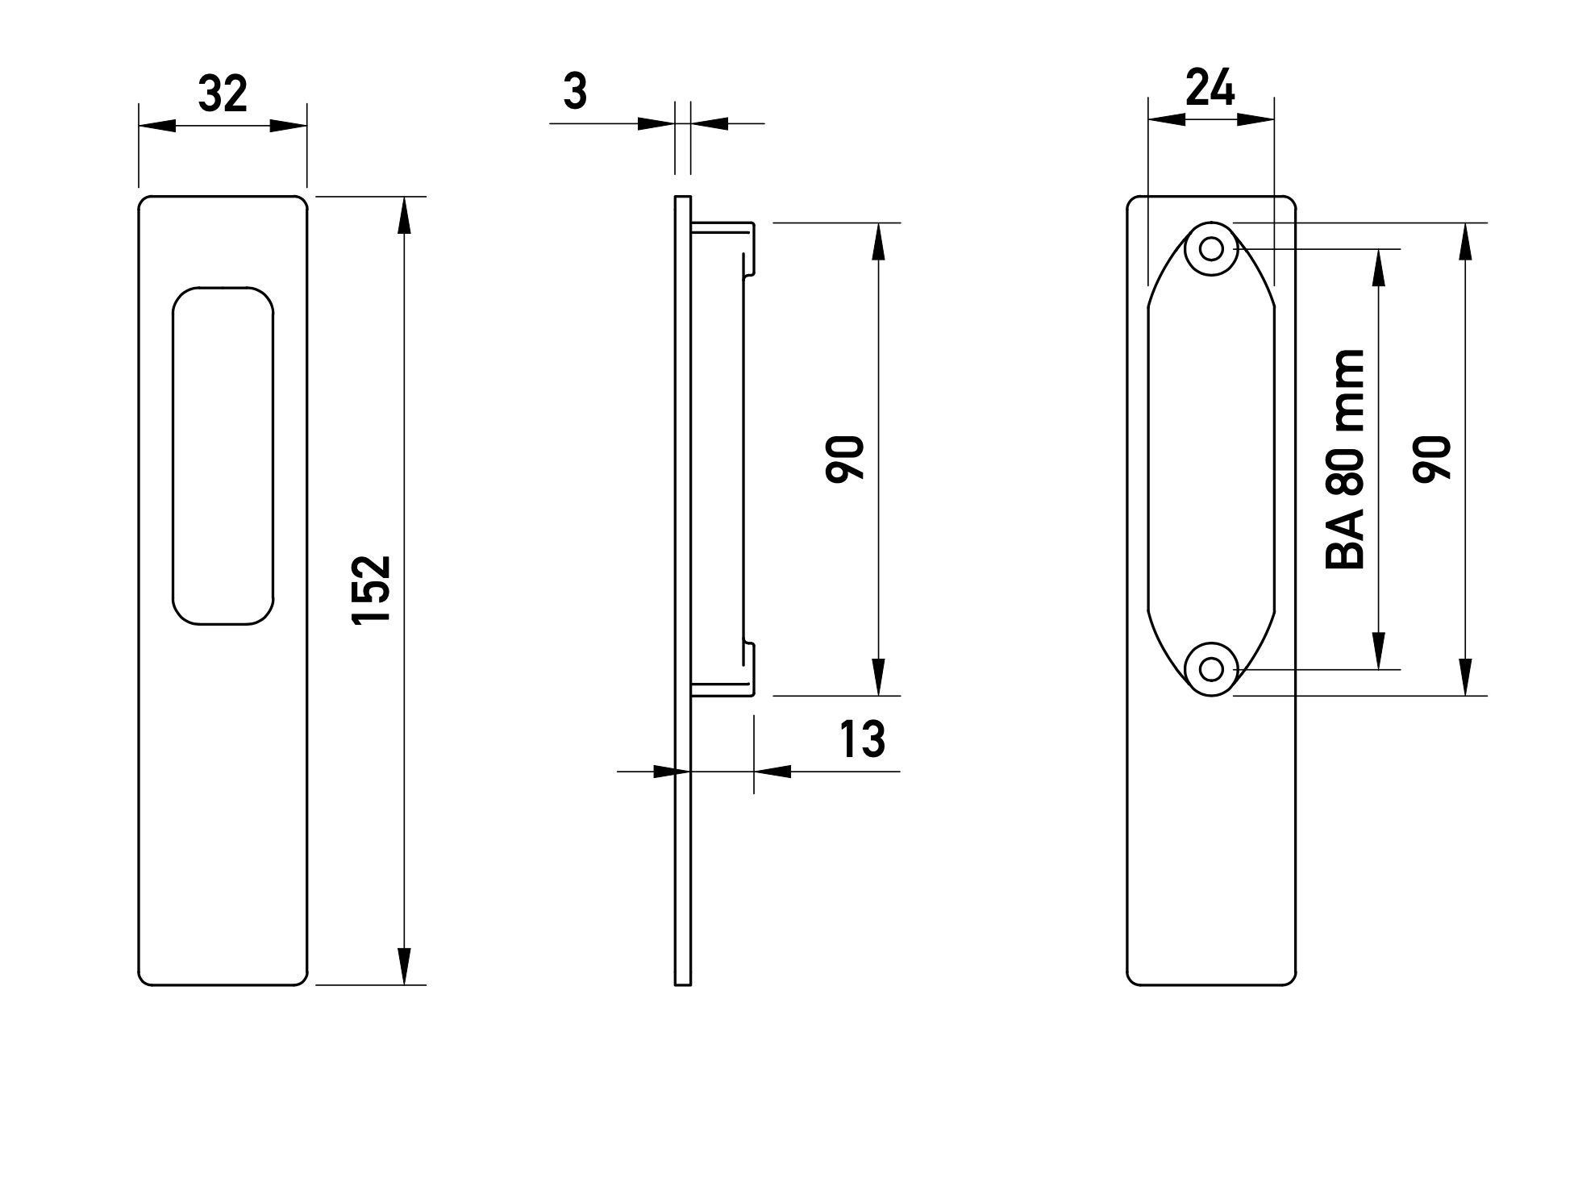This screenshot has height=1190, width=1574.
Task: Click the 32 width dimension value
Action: coord(223,95)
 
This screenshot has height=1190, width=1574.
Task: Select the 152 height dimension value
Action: coord(372,589)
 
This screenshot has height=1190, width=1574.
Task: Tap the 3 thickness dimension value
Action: coord(575,92)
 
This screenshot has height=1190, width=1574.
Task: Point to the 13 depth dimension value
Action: coord(862,739)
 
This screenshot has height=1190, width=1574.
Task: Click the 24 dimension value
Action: coord(1210,89)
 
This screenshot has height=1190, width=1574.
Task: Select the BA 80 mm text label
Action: coord(1345,460)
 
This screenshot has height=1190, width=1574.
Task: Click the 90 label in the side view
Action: coord(845,459)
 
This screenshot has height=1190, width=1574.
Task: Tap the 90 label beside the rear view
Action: coord(1432,459)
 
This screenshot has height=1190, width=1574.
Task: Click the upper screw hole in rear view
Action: coord(1211,248)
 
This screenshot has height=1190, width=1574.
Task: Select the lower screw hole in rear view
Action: coord(1211,668)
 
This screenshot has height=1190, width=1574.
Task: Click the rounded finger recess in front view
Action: coord(223,456)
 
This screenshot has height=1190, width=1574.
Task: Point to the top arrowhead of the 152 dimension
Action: coord(405,215)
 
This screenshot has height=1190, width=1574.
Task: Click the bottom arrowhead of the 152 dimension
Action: coord(405,966)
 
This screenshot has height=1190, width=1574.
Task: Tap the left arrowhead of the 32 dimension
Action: coord(157,126)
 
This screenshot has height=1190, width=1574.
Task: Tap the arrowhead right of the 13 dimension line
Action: coord(772,772)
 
